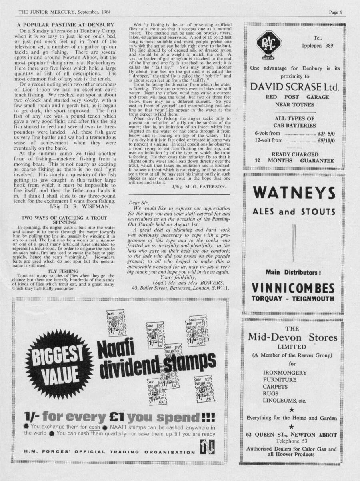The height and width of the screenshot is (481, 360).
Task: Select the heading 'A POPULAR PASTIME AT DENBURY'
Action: pyautogui.click(x=66, y=25)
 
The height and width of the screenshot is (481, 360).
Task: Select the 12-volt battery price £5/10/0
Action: pyautogui.click(x=326, y=140)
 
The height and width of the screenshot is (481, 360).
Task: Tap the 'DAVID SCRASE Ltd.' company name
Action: pyautogui.click(x=295, y=87)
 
